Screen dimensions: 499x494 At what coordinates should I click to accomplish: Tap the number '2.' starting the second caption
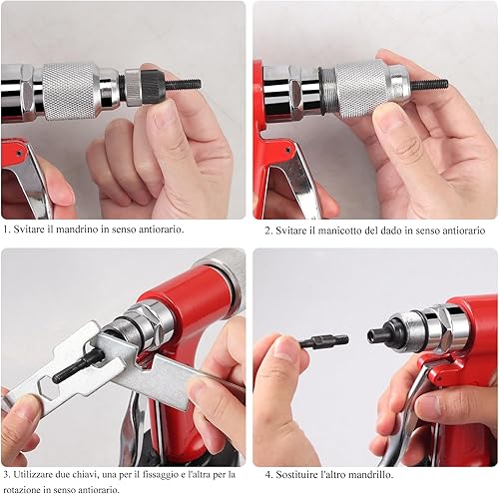click(268, 231)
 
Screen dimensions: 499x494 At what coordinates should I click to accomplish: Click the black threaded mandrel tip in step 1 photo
click(183, 84)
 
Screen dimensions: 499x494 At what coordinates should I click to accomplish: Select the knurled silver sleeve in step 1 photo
click(70, 91)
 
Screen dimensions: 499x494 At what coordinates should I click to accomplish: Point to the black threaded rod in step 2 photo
click(429, 85)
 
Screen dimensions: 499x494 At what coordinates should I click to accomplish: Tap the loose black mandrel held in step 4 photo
click(324, 340)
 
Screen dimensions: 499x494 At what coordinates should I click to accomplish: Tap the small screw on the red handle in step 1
click(19, 153)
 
